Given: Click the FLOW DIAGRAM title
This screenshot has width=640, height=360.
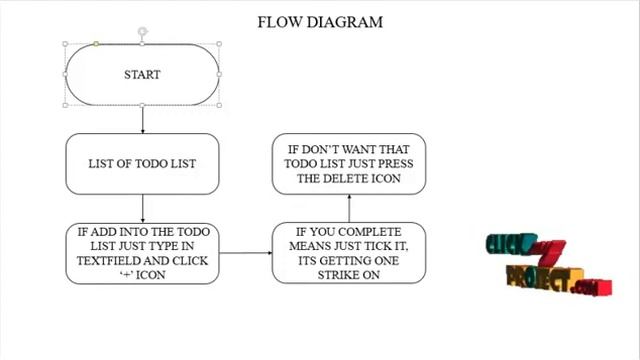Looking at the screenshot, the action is [x=320, y=22].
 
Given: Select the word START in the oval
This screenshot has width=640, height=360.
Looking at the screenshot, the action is [x=142, y=75].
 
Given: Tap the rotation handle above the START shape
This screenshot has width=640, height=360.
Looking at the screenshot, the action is [x=142, y=31].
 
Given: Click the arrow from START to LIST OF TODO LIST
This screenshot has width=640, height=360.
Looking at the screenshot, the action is [x=142, y=119].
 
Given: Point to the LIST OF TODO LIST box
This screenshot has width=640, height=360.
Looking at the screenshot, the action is [x=142, y=164].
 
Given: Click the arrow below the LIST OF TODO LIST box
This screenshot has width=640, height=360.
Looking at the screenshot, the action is [x=142, y=209].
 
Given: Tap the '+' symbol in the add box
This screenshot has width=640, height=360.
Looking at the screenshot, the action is [x=126, y=275].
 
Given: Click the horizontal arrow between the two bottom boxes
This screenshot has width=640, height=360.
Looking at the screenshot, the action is [x=246, y=253].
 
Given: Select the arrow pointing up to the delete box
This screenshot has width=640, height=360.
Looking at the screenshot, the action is [x=349, y=209].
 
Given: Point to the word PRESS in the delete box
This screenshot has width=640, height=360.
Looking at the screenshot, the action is [x=396, y=164].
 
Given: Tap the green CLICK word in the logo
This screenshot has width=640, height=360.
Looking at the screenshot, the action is [x=510, y=244].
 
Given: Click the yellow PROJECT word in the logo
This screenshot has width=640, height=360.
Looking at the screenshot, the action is [x=543, y=278].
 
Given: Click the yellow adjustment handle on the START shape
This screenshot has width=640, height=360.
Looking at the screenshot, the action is [x=96, y=44].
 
